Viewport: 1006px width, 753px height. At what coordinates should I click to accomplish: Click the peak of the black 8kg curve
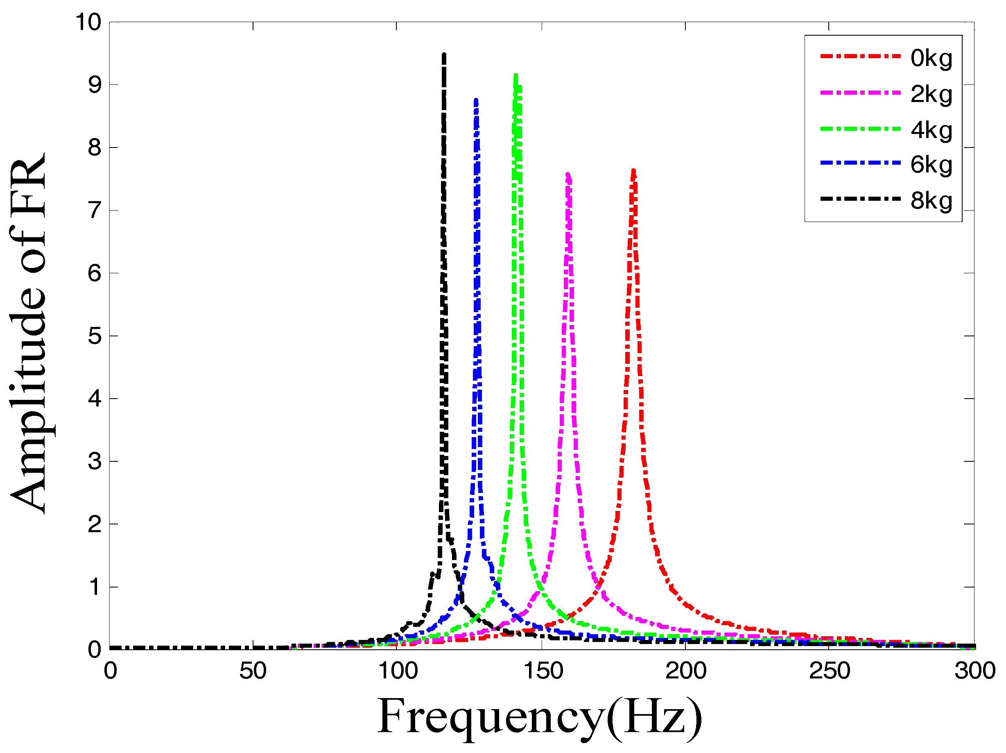(444, 55)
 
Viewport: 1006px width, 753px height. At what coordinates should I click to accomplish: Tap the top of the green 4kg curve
(515, 75)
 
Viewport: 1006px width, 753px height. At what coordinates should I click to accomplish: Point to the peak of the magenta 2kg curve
(567, 174)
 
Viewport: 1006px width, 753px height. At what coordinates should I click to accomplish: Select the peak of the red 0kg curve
(633, 170)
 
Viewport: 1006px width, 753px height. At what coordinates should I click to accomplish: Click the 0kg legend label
(931, 59)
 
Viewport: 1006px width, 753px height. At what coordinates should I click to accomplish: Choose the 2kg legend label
(931, 95)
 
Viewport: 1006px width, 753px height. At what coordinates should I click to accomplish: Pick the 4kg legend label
(931, 131)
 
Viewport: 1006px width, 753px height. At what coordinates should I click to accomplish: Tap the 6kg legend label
(931, 165)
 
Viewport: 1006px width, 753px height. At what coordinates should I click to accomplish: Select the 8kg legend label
(931, 201)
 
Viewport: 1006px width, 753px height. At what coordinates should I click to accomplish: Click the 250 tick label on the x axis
(829, 671)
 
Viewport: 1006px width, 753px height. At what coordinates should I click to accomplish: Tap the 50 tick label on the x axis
(253, 671)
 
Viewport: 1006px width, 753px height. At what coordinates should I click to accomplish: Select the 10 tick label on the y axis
(88, 22)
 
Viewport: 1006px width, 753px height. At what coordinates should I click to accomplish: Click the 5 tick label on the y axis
(94, 336)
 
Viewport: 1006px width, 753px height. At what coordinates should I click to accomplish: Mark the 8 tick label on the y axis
(94, 148)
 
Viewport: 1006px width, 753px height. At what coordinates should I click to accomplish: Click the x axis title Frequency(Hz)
(539, 717)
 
